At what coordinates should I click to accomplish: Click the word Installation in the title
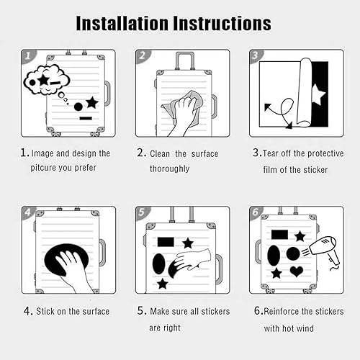[122, 23]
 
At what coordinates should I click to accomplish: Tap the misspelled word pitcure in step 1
[43, 168]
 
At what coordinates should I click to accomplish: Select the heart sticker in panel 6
[297, 271]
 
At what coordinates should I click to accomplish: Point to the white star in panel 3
[318, 95]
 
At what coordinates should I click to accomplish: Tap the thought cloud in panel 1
[47, 79]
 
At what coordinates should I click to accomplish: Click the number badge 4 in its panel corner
[28, 212]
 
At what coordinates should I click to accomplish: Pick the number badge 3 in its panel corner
[256, 55]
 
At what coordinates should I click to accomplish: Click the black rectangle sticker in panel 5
[166, 242]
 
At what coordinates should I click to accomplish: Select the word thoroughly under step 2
[170, 168]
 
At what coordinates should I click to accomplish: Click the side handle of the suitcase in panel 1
[107, 94]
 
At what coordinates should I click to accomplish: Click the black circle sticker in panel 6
[293, 254]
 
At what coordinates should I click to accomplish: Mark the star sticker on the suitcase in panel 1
[92, 102]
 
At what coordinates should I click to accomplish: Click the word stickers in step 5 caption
[215, 311]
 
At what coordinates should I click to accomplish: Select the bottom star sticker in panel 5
[163, 284]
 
